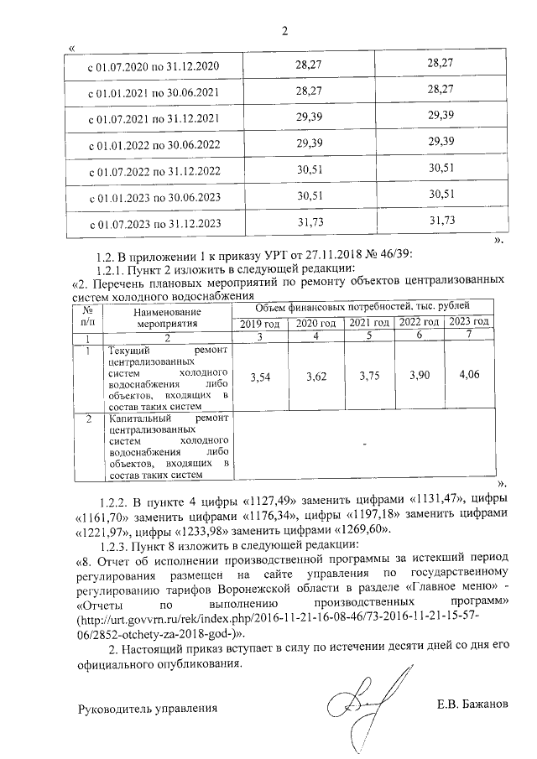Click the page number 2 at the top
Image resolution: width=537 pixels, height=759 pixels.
284,32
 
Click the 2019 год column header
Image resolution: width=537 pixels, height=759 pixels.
259,324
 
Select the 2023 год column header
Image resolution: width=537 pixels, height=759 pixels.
468,323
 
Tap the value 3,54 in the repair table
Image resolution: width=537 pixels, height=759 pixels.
260,377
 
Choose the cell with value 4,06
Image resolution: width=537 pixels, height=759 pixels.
470,374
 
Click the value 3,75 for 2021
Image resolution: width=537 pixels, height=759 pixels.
369,377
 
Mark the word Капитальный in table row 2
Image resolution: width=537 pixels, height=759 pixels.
138,418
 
